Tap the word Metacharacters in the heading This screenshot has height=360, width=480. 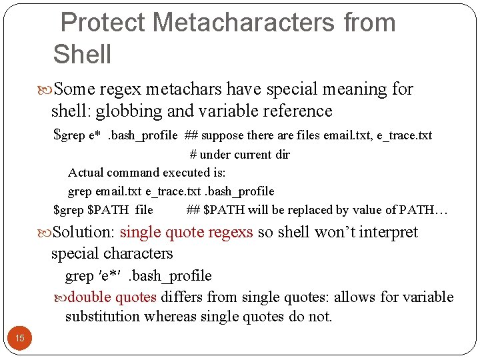pyautogui.click(x=244, y=23)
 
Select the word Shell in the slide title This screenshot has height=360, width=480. pyautogui.click(x=82, y=54)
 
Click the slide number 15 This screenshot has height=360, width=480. pyautogui.click(x=20, y=338)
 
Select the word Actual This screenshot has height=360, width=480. pyautogui.click(x=85, y=173)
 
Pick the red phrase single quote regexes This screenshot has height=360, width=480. pyautogui.click(x=186, y=232)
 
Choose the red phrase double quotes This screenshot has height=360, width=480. pyautogui.click(x=112, y=297)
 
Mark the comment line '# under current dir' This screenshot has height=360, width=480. pyautogui.click(x=240, y=154)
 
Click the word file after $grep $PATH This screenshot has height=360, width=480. pyautogui.click(x=143, y=210)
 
